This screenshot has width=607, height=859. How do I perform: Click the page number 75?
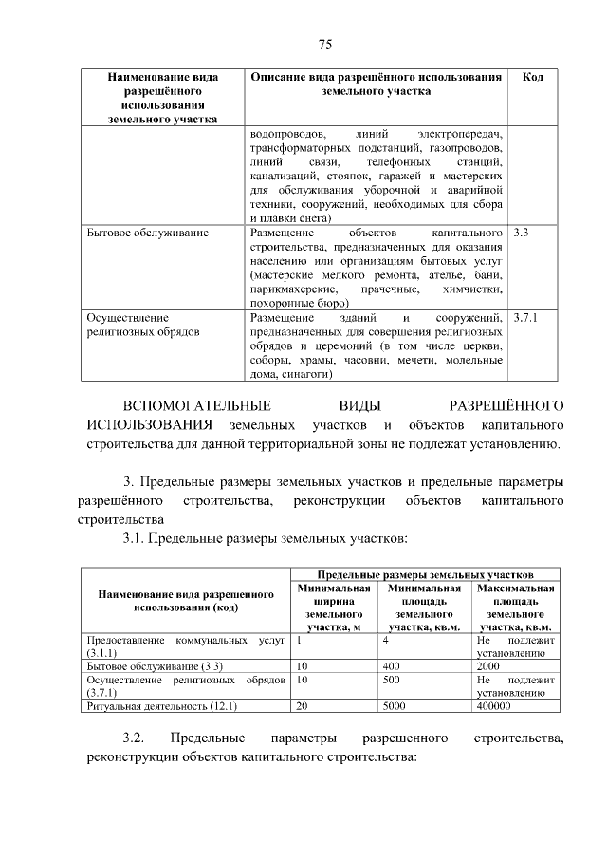coord(323,45)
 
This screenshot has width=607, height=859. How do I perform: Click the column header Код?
coord(533,76)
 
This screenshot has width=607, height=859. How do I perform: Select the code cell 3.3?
coord(519,232)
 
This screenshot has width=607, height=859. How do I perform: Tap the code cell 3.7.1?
coord(524,318)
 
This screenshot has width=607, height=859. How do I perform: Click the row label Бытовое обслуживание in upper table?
coord(147,232)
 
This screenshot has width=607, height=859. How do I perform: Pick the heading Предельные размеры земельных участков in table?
coord(424,574)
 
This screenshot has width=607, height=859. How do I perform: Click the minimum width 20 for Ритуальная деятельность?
coord(303,707)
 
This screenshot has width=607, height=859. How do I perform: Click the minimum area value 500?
coord(392,681)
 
